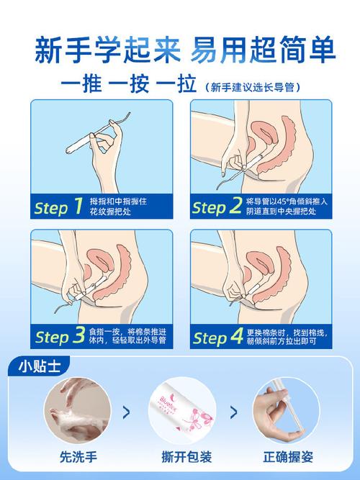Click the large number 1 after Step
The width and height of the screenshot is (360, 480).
tap(78, 205)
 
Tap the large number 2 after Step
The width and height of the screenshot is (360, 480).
tap(235, 205)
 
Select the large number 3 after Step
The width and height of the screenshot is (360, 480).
tap(78, 335)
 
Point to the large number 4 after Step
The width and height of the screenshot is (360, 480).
tap(237, 335)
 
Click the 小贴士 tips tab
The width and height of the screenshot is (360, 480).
tap(39, 366)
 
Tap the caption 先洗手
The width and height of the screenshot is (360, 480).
tap(78, 457)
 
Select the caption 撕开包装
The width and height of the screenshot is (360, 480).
tap(186, 457)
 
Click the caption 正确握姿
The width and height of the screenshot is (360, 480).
tap(288, 457)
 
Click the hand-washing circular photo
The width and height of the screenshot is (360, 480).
tap(78, 410)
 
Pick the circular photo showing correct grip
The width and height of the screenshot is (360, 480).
tap(286, 410)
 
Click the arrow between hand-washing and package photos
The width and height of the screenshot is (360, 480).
tap(126, 412)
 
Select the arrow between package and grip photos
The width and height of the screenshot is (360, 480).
tap(233, 412)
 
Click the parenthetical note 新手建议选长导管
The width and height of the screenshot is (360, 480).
tap(253, 88)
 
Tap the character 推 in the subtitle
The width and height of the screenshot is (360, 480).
tap(92, 84)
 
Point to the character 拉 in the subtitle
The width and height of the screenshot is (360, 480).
tap(186, 84)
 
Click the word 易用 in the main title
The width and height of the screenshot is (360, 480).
tap(220, 50)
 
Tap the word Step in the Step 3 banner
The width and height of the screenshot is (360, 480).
tap(52, 338)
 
